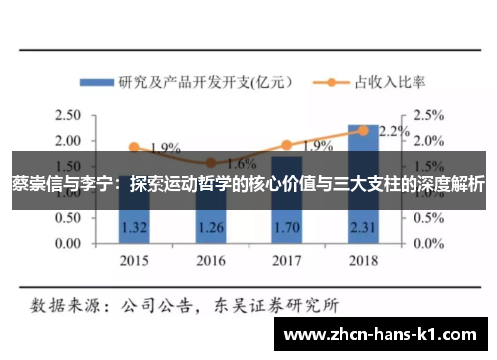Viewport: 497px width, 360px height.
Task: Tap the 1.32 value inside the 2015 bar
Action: coord(134,228)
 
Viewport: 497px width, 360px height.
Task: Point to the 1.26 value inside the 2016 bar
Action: coord(211,228)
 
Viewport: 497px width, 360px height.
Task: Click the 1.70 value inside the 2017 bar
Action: coord(287,228)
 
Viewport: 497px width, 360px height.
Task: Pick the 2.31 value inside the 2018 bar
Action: coord(363,228)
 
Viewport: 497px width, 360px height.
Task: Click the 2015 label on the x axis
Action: coord(134,262)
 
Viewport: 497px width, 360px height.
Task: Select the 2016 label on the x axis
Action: coord(211,262)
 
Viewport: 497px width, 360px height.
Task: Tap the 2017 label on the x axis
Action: coord(287,262)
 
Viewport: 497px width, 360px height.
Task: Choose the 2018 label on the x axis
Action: coord(363,262)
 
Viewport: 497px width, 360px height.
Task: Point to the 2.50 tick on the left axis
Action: coord(67,115)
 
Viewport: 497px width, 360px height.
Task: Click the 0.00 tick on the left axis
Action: coord(67,243)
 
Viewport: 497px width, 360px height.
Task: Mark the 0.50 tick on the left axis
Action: coord(67,218)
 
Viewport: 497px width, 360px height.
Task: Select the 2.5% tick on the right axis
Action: coord(429,115)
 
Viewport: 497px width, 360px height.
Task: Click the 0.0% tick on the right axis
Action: coord(429,243)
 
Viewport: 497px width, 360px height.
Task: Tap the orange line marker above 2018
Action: coord(363,130)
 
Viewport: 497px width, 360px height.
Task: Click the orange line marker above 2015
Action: coord(134,147)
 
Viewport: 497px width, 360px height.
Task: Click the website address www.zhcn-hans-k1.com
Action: coord(384,335)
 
